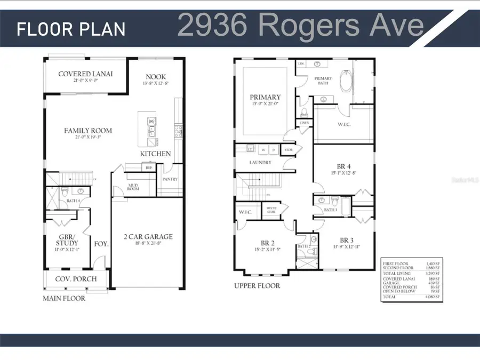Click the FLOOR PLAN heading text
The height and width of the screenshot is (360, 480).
pos(71,29)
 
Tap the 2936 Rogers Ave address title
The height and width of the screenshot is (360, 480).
pos(300,25)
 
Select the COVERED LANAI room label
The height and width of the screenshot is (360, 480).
pos(85,74)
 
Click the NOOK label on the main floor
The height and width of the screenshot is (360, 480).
pos(155,76)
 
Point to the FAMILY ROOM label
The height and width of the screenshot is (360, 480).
pos(88,130)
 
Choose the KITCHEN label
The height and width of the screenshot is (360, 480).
pos(155,154)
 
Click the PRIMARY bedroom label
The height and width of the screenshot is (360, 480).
pos(265,97)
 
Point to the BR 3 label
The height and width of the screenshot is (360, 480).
pos(347,240)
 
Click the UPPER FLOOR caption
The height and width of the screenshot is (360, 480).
pos(257,286)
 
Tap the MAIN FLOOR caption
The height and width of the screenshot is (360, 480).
pos(63,299)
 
